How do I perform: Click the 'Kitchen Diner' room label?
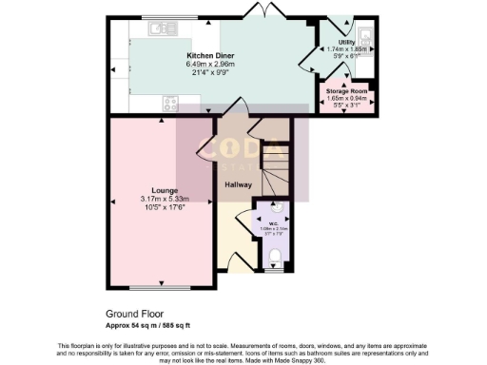pos(210,56)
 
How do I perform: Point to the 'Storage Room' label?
pos(346,91)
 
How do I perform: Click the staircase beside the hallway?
pos(277,172)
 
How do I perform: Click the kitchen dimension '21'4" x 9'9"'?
pos(210,72)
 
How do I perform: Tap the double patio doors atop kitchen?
pos(256,10)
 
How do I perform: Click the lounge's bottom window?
pos(157,287)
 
